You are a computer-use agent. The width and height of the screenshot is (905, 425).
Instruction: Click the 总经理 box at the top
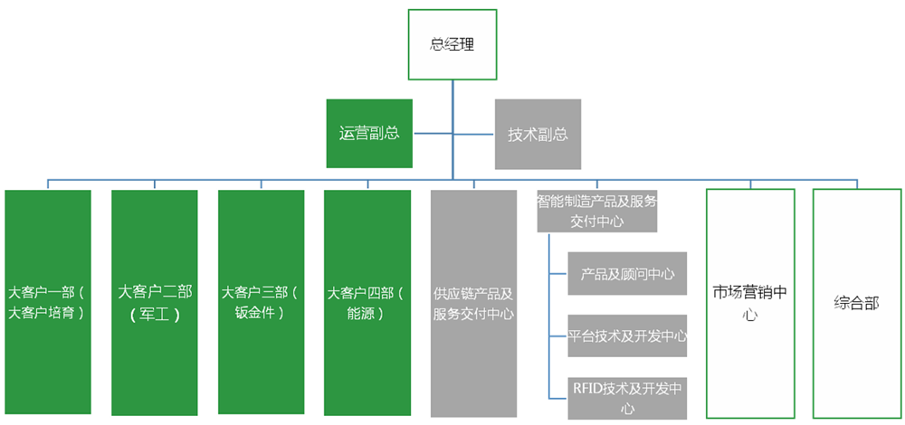452,43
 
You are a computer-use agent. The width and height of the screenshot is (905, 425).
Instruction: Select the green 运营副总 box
369,134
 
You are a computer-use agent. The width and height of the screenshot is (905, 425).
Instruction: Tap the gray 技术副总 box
538,134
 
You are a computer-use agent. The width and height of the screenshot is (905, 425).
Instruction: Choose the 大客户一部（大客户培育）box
47,303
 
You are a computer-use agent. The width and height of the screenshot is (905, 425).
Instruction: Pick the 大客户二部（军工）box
154,303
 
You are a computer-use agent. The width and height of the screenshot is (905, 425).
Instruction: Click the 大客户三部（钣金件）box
261,303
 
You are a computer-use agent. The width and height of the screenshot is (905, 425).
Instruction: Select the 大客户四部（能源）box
367,303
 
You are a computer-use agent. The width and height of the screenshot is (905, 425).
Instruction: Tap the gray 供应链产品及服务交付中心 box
473,303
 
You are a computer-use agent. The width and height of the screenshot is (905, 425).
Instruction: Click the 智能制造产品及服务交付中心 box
596,211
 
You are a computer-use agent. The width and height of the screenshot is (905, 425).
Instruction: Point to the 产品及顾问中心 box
627,274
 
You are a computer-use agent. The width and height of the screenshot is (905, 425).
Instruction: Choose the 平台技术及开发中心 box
627,336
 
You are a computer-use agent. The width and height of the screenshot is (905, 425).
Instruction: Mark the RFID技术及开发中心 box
627,398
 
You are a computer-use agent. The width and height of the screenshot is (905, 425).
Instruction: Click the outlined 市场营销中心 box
749,303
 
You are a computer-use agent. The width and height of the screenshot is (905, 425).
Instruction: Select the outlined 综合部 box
856,303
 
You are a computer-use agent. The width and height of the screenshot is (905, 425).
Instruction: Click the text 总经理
452,43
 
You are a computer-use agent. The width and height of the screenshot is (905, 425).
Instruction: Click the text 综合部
856,303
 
